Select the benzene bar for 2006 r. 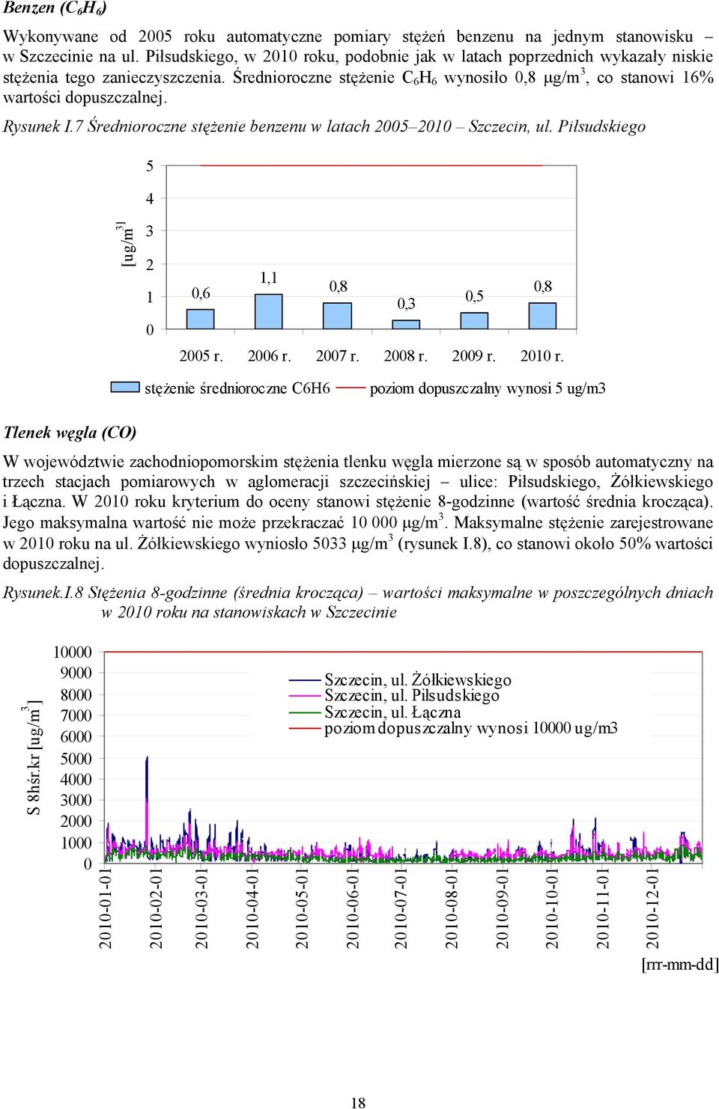[269, 311]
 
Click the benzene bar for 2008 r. [406, 324]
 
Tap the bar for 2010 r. [542, 316]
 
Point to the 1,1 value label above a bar [269, 278]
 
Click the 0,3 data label [406, 304]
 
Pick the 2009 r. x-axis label [474, 355]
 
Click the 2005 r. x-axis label [201, 355]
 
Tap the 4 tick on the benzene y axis [150, 198]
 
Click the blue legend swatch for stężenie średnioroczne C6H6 [125, 387]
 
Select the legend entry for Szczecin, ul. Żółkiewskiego [400, 679]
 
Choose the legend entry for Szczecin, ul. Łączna [374, 712]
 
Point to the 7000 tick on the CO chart [76, 715]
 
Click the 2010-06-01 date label [352, 907]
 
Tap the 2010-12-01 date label [652, 907]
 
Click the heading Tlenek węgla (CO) [70, 433]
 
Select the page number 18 [358, 1102]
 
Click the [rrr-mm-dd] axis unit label [680, 965]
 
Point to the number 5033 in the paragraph [330, 543]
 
